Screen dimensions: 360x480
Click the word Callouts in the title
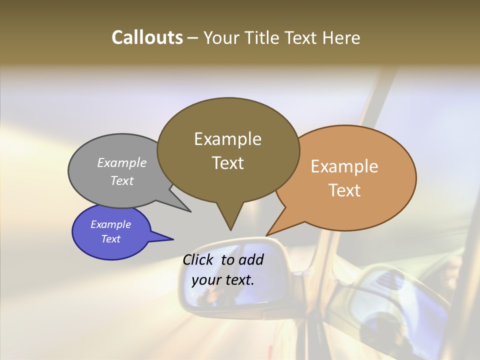(147, 37)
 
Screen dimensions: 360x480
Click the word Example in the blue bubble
(110, 224)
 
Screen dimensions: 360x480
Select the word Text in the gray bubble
(122, 181)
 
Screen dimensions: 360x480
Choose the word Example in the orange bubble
(344, 166)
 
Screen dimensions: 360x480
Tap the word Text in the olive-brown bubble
(228, 163)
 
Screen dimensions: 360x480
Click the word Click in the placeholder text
(199, 260)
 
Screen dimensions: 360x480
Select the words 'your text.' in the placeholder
(223, 280)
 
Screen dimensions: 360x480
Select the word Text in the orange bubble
(345, 190)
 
